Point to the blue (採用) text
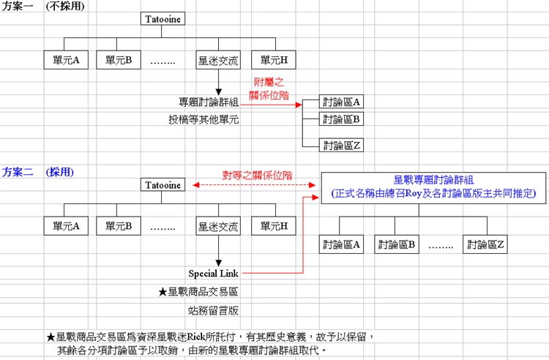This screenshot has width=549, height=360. click(x=60, y=173)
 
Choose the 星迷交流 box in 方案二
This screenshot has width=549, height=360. click(x=219, y=226)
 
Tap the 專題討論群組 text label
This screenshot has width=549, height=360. click(x=209, y=102)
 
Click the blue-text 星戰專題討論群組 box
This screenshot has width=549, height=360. click(x=433, y=187)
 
